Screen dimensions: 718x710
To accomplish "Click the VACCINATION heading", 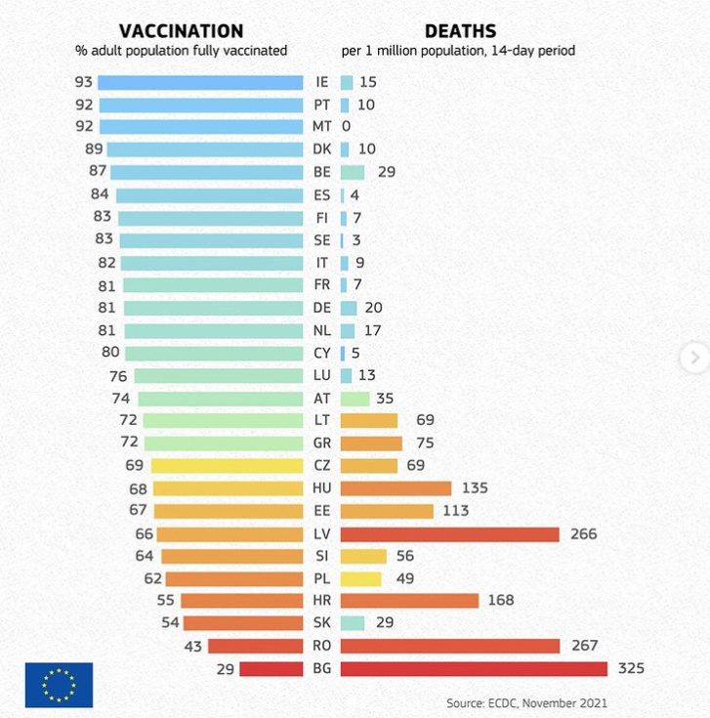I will click(181, 31).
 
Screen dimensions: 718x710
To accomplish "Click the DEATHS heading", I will click(460, 31).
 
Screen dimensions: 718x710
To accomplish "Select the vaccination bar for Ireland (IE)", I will click(201, 82).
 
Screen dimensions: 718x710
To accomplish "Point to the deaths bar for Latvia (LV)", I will click(449, 533).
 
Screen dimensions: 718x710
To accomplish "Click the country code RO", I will click(322, 646).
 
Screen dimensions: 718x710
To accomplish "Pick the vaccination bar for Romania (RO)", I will click(256, 646).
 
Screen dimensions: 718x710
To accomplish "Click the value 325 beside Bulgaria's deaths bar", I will click(630, 668).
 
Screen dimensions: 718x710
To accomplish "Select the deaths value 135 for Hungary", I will click(474, 488).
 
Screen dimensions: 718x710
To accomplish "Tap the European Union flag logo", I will click(59, 684).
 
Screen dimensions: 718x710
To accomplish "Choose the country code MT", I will click(322, 127).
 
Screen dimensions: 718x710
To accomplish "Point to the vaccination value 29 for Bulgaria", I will click(224, 668).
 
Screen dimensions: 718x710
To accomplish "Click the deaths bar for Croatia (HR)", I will click(409, 601).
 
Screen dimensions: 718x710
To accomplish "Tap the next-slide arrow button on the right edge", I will click(694, 358).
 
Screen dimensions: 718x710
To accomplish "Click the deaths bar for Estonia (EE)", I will click(387, 511).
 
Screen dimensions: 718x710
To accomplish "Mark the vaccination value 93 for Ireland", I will click(83, 82).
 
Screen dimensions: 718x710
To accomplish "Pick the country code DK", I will click(322, 149).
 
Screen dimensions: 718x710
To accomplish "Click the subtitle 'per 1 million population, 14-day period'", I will click(458, 51).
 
